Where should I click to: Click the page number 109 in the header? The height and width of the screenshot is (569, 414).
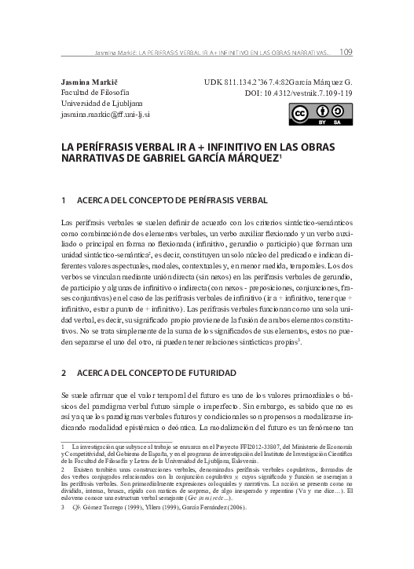tap(346, 53)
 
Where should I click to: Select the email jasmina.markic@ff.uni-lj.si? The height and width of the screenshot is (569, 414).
tap(105, 114)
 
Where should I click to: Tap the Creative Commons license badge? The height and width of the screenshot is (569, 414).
tap(321, 113)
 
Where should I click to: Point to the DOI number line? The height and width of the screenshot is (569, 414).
tap(299, 92)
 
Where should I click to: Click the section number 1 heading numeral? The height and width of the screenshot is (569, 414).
tap(63, 201)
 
